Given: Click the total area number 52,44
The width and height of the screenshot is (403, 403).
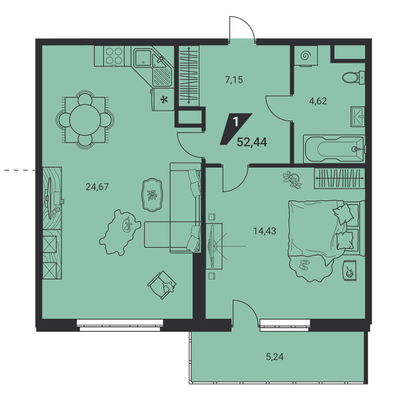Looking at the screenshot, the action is pyautogui.click(x=252, y=142).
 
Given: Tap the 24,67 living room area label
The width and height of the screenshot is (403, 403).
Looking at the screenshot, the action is pyautogui.click(x=97, y=187).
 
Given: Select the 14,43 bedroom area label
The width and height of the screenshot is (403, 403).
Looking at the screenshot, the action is pyautogui.click(x=265, y=231).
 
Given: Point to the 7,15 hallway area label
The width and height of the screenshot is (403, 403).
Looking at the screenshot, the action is pyautogui.click(x=234, y=80).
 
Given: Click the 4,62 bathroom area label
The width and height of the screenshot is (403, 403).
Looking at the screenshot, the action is pyautogui.click(x=318, y=101).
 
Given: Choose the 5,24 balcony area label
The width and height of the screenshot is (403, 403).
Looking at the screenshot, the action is pyautogui.click(x=275, y=357).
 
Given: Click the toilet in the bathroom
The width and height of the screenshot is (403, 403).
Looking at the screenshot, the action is pyautogui.click(x=353, y=77).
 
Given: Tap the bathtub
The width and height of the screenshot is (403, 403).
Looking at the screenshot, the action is pyautogui.click(x=334, y=149).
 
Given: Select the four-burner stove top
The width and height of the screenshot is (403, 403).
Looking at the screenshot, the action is pyautogui.click(x=114, y=56).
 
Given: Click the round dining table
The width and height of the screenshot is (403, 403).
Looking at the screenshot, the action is pyautogui.click(x=85, y=120).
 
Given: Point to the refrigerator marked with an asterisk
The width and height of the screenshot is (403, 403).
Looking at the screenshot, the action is pyautogui.click(x=163, y=100).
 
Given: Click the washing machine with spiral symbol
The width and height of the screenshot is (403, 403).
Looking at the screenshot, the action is pyautogui.click(x=306, y=56).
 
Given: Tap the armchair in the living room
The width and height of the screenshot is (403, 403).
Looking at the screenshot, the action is pyautogui.click(x=162, y=285).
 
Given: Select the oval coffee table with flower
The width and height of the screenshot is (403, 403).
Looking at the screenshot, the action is pyautogui.click(x=152, y=195).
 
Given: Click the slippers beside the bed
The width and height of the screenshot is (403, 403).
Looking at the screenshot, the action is pyautogui.click(x=304, y=265).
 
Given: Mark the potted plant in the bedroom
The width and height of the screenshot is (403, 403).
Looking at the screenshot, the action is pyautogui.click(x=292, y=180).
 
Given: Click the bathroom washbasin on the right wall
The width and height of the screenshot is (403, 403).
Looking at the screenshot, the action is pyautogui.click(x=358, y=117).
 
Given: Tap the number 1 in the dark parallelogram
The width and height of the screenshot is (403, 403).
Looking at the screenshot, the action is pyautogui.click(x=235, y=121).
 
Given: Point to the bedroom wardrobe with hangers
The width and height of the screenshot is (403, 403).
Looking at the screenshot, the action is pyautogui.click(x=340, y=178).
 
